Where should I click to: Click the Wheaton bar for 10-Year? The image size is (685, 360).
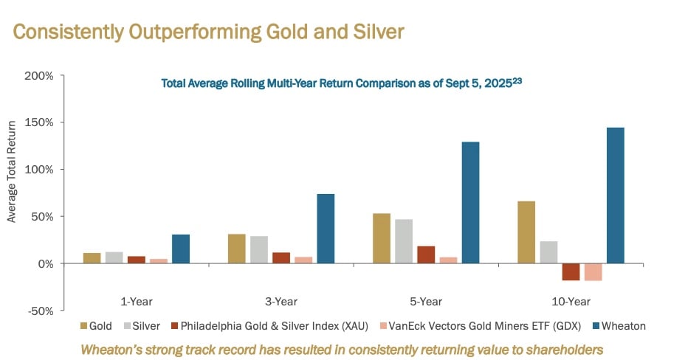tap(615, 195)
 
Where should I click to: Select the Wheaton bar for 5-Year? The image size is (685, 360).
tap(470, 203)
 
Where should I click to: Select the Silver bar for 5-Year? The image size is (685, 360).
tap(404, 241)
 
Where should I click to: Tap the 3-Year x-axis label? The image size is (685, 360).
tap(280, 301)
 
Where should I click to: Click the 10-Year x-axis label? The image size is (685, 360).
tap(571, 301)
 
